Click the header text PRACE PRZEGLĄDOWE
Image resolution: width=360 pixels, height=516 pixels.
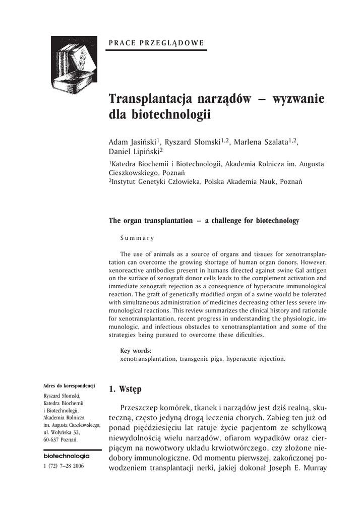157,43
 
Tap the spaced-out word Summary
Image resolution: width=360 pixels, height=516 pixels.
137,238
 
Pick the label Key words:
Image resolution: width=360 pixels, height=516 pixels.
136,351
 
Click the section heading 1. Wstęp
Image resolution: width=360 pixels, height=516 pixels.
126,389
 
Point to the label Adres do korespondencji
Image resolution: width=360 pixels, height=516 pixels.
69,385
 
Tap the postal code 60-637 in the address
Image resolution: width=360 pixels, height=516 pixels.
52,440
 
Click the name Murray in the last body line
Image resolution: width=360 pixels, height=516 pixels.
315,467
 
